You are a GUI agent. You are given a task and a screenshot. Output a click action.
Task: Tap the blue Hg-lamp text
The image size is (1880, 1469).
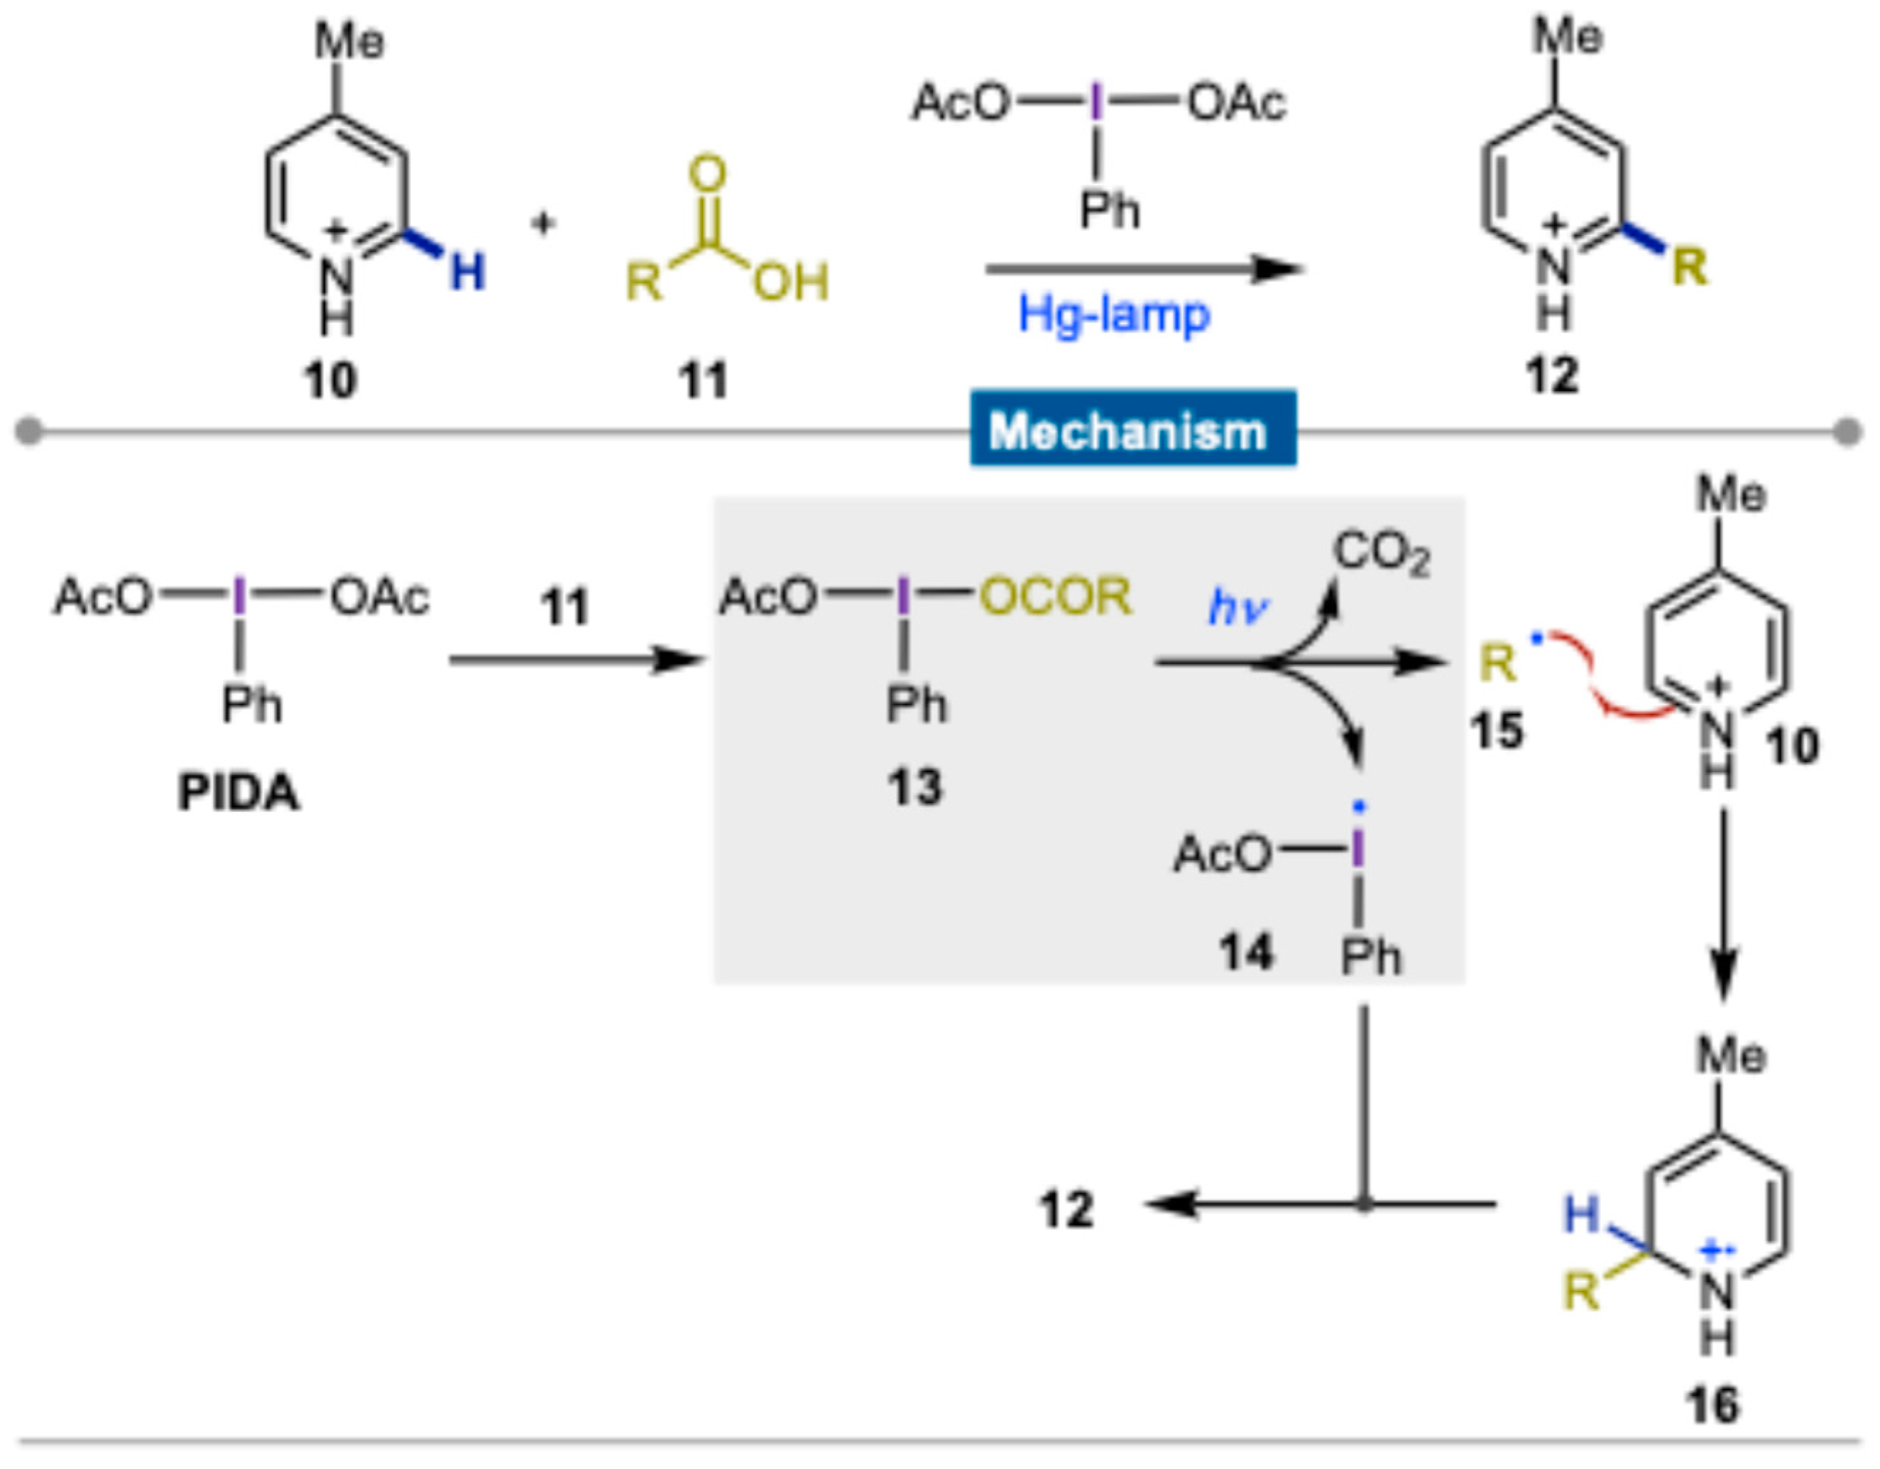[1114, 315]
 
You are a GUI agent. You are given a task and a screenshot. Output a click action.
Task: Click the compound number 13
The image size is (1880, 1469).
[915, 786]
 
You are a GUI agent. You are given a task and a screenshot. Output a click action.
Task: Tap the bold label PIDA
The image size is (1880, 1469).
[239, 793]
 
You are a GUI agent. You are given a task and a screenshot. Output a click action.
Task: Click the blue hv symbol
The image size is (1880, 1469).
[1237, 608]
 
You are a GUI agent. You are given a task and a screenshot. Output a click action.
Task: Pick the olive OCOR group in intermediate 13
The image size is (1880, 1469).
[1055, 595]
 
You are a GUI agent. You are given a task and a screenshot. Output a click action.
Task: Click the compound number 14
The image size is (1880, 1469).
[1245, 952]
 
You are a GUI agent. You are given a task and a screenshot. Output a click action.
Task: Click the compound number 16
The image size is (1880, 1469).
[1712, 1405]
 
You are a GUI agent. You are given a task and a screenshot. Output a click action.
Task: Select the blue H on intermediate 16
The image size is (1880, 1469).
[1581, 1214]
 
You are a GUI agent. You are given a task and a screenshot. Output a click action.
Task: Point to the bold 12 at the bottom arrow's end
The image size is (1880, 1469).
[1067, 1209]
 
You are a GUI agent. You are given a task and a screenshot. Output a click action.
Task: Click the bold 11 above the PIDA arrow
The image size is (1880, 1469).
[564, 607]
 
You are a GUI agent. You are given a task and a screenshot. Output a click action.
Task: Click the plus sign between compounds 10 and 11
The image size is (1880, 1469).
[543, 224]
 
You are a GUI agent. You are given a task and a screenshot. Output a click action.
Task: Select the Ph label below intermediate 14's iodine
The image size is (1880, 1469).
[1370, 956]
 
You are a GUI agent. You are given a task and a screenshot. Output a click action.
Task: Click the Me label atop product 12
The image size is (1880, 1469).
[1568, 37]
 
